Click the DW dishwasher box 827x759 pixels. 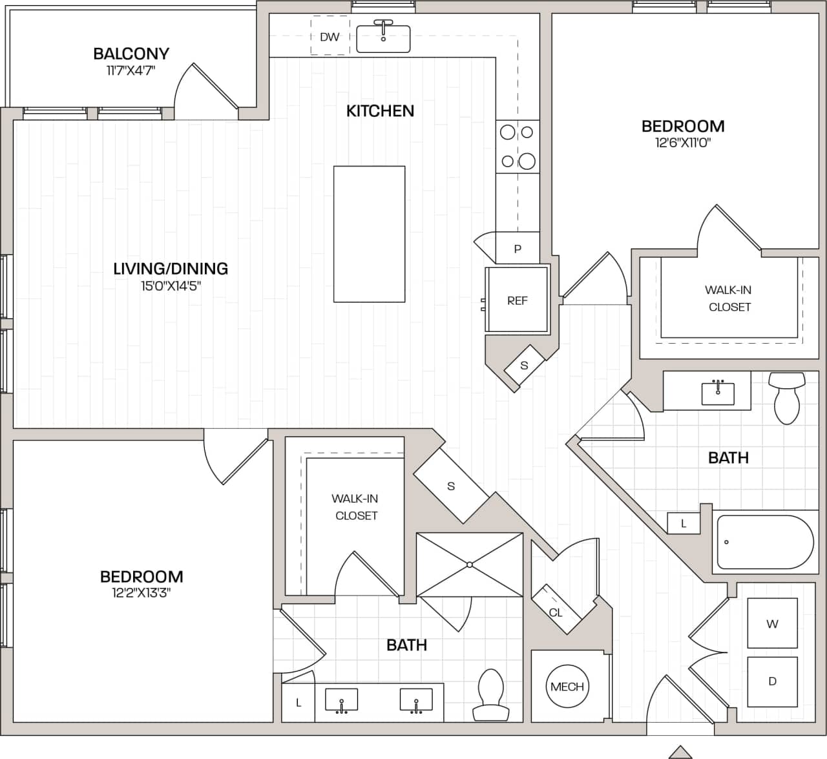click(x=330, y=37)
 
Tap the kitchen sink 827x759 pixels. click(x=383, y=39)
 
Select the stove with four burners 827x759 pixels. click(x=518, y=147)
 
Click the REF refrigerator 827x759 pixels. click(x=517, y=300)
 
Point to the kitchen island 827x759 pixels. click(x=369, y=234)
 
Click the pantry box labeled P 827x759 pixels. click(x=518, y=249)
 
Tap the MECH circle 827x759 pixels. click(x=567, y=687)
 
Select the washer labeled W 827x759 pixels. click(x=772, y=623)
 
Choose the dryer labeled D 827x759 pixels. click(x=772, y=681)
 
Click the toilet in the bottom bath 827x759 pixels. click(x=490, y=694)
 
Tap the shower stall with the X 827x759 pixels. click(x=470, y=565)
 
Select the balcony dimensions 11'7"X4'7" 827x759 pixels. click(x=131, y=70)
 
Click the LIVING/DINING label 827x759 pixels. click(x=171, y=268)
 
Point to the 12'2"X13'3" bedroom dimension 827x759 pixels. click(x=141, y=593)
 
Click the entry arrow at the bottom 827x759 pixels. click(x=680, y=752)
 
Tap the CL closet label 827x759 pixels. click(x=556, y=612)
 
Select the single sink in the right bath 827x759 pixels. click(x=718, y=391)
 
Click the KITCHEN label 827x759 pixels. click(x=380, y=110)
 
